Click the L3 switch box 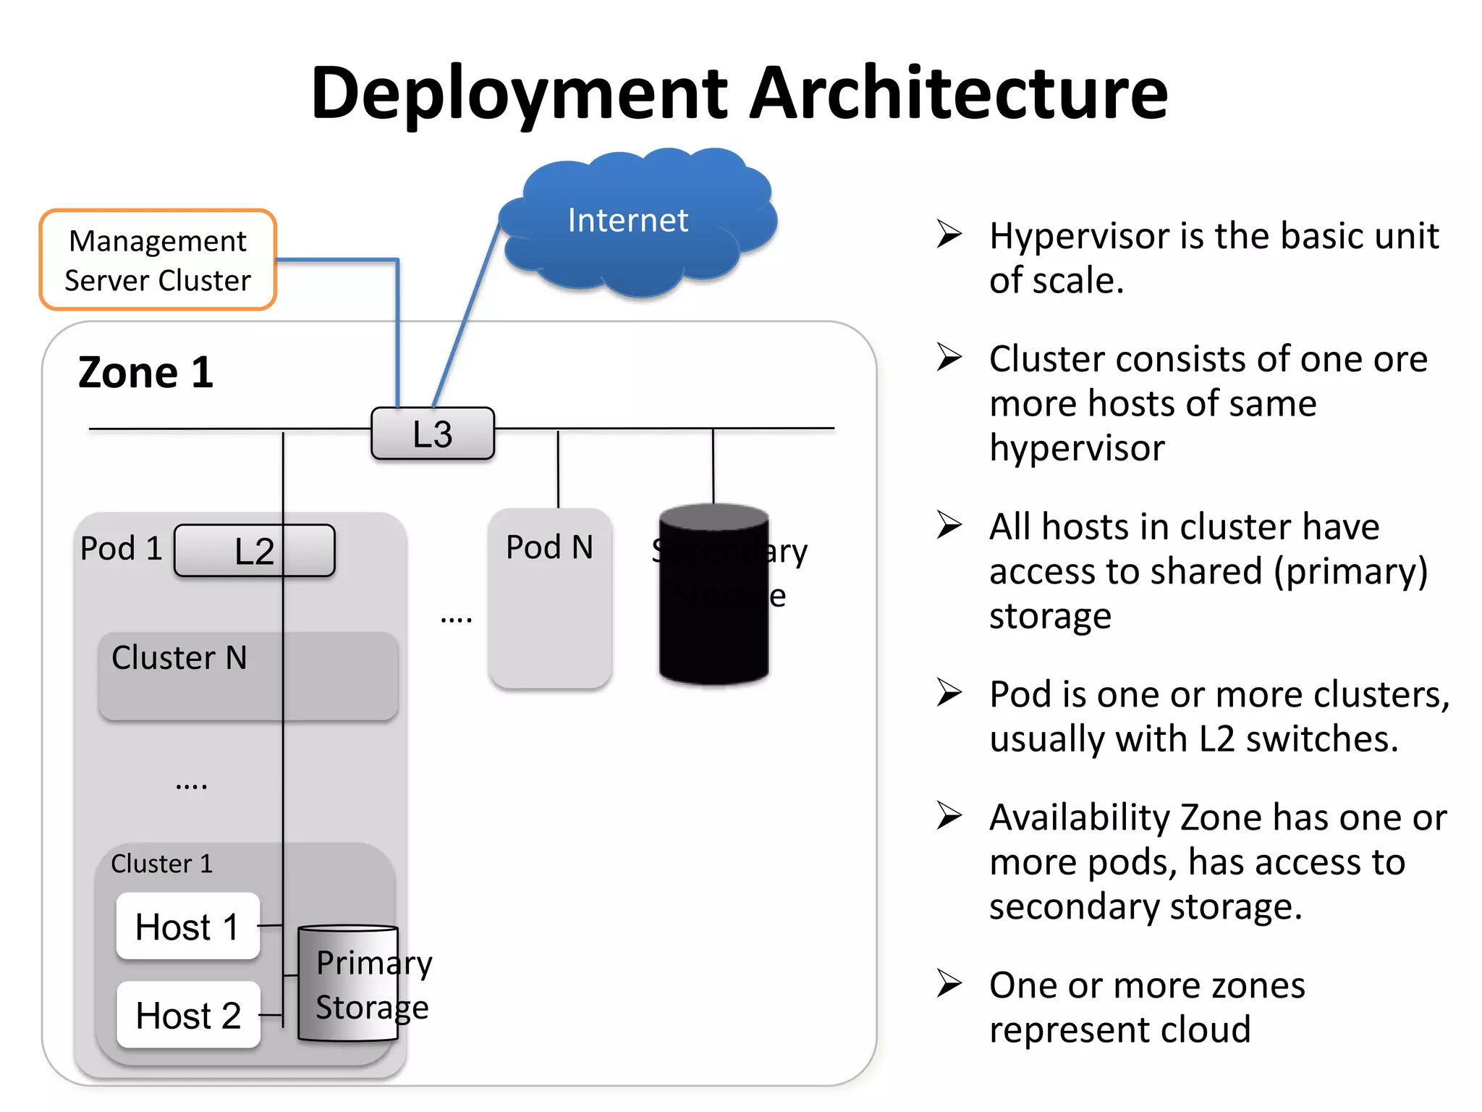(x=433, y=434)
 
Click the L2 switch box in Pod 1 (x=254, y=551)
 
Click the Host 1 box (x=187, y=927)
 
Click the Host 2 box (x=188, y=1015)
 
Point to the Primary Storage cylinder (x=347, y=985)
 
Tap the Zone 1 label (x=145, y=373)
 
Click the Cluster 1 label (x=161, y=864)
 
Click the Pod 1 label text (x=121, y=549)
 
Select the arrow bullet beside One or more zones (x=949, y=983)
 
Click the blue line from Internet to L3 (x=467, y=315)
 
